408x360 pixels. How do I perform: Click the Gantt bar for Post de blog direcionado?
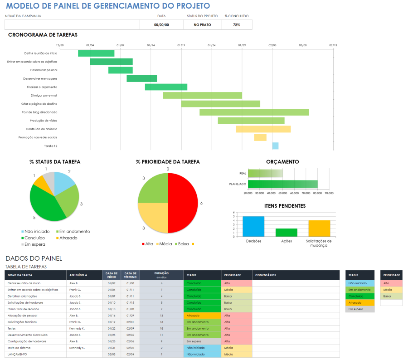pos(254,112)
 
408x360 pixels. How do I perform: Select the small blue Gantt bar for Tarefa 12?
pos(275,146)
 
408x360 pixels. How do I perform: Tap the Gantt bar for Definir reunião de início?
pos(96,53)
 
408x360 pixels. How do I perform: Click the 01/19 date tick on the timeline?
pos(181,45)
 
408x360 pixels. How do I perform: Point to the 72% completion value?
pos(236,25)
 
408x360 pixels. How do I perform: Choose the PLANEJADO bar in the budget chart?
pos(282,184)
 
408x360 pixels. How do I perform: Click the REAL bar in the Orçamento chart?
pos(265,173)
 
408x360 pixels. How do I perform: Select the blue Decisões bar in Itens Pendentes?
pos(253,226)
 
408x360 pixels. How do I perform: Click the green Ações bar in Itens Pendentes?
pos(287,232)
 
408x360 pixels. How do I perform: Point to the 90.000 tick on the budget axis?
pos(329,193)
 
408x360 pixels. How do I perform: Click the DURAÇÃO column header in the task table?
pos(161,275)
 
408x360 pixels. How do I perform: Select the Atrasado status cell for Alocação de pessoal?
pos(202,315)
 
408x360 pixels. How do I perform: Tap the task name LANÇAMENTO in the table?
pos(17,354)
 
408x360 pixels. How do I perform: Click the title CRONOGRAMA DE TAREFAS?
pos(43,34)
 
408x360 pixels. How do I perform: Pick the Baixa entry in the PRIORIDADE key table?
pos(391,296)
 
